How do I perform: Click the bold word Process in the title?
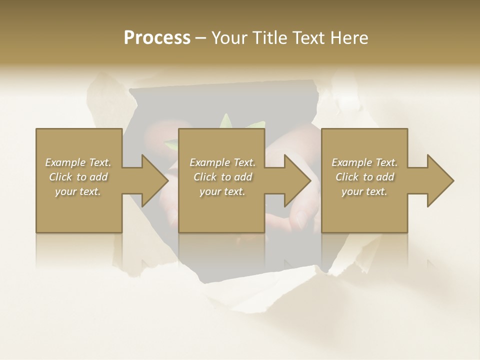click(157, 38)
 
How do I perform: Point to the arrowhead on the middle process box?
click(297, 180)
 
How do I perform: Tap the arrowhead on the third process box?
click(440, 180)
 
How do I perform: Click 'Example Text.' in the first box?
click(78, 162)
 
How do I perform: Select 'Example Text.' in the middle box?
click(222, 162)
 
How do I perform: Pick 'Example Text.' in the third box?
click(364, 162)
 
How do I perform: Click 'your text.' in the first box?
click(78, 191)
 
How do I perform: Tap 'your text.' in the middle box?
click(222, 191)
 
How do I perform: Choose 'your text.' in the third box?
click(364, 191)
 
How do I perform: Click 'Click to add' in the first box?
click(78, 177)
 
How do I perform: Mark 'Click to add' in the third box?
click(364, 177)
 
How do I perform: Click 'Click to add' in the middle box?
click(222, 177)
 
